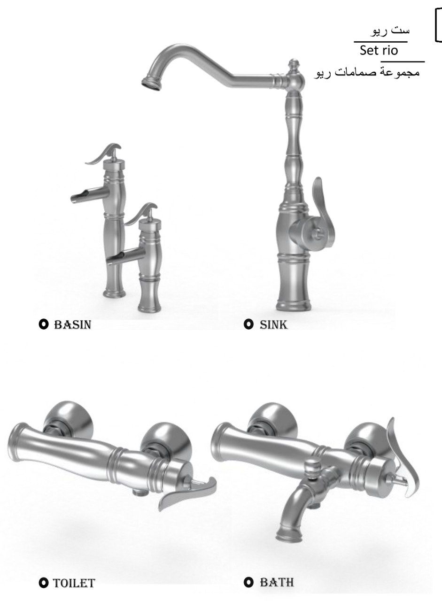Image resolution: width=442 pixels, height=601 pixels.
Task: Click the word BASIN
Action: [x=73, y=324]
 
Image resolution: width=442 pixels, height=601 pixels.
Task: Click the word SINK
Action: [x=273, y=324]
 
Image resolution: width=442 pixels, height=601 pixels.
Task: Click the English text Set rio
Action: [x=379, y=50]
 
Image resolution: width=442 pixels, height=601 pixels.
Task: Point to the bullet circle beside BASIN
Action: [x=44, y=324]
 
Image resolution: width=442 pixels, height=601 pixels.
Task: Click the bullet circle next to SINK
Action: [x=248, y=324]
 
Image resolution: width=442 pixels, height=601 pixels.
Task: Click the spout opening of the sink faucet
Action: [x=151, y=83]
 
